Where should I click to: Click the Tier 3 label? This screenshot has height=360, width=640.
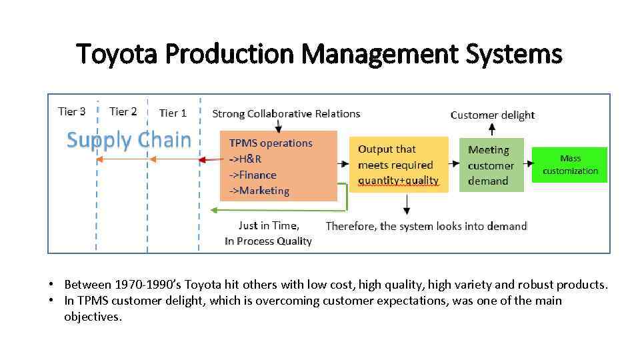(72, 111)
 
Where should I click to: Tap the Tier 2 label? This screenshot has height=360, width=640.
(123, 111)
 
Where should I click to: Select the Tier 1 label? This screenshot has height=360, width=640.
(173, 113)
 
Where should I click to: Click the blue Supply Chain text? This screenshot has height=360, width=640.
(129, 140)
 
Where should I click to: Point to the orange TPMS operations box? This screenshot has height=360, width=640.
(279, 167)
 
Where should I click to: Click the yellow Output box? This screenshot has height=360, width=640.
(399, 165)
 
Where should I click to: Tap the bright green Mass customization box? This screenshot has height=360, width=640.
(570, 165)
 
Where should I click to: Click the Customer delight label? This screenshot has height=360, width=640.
(493, 115)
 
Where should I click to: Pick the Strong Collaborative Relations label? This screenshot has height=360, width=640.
(286, 114)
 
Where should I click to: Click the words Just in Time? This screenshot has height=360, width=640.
(269, 225)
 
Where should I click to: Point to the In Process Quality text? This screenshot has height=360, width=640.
(268, 241)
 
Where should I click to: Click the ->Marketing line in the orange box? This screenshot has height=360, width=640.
(259, 191)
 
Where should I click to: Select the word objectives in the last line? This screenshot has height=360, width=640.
(93, 317)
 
